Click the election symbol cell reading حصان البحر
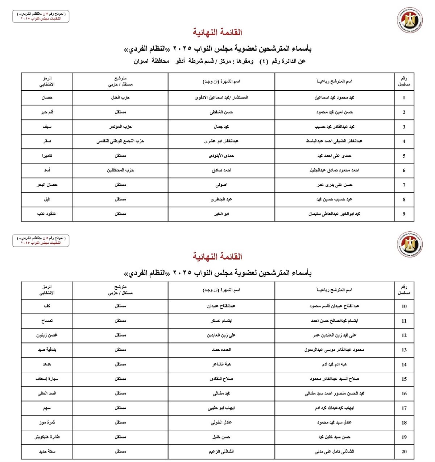tap(47, 185)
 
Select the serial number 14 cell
tap(404, 364)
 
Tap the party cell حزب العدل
tap(120, 98)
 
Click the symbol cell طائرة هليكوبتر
tap(47, 437)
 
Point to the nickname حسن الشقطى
tap(221, 112)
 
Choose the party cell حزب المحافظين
tap(120, 170)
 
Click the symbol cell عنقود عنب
tap(47, 214)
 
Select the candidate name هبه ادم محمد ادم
tap(334, 364)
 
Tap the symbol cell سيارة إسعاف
tap(47, 379)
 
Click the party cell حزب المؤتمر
tap(120, 127)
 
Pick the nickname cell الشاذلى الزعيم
tap(221, 451)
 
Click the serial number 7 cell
tap(404, 185)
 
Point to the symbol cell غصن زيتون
tap(47, 335)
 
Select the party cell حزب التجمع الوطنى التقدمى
tap(120, 141)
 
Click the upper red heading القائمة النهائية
tap(217, 32)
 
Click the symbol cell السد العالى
tap(47, 393)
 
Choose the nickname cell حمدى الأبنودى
tap(221, 156)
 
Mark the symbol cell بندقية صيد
tap(47, 350)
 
